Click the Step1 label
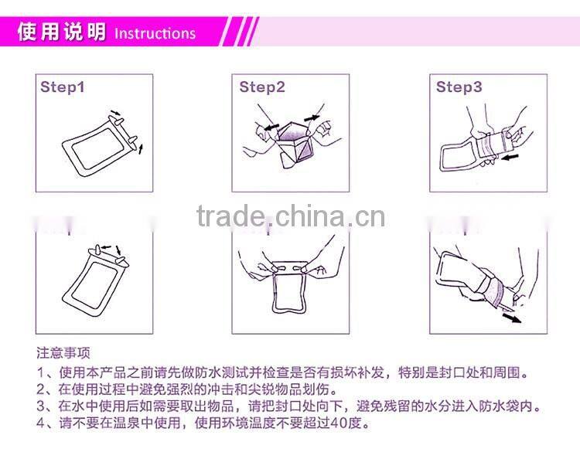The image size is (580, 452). point(63,87)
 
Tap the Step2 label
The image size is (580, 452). point(262,87)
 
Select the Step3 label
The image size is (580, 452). point(459,87)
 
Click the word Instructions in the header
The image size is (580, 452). point(155,33)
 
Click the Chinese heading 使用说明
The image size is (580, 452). point(63,33)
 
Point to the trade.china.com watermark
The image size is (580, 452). point(290,216)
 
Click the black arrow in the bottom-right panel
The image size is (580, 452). point(512,316)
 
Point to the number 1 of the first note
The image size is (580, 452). point(40,373)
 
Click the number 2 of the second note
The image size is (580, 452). point(40,390)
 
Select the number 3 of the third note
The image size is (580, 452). point(40,406)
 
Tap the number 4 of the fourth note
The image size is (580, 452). point(40,423)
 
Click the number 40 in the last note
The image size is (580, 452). point(331,423)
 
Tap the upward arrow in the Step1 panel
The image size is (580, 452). point(140,148)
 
